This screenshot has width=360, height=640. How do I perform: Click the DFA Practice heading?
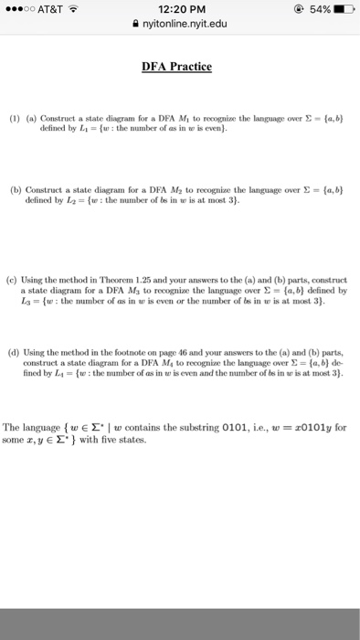[x=177, y=67]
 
